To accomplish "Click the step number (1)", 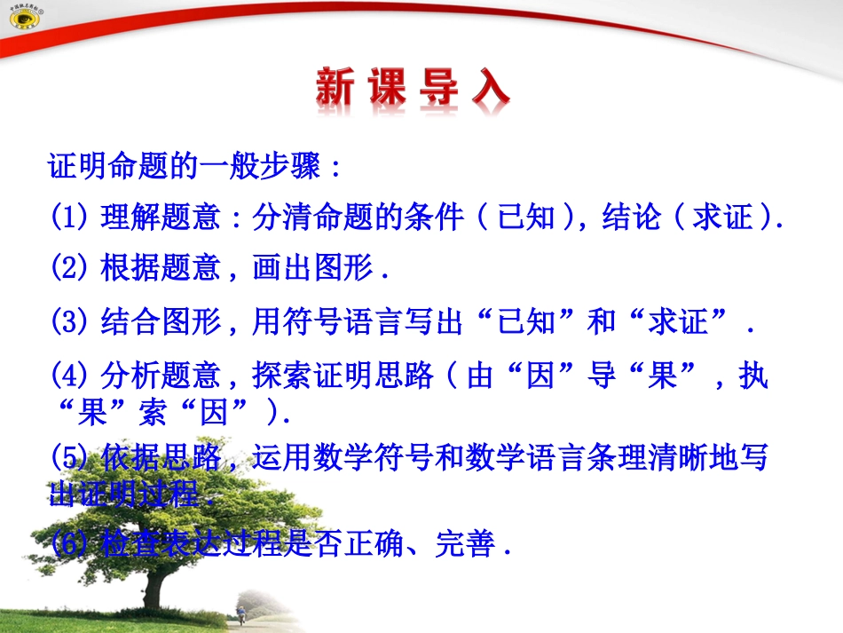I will pos(70,218).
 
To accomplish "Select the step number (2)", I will pos(70,269).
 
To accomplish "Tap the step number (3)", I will pos(70,323).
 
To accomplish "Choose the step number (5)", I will pos(70,459).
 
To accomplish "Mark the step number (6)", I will pos(70,543).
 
